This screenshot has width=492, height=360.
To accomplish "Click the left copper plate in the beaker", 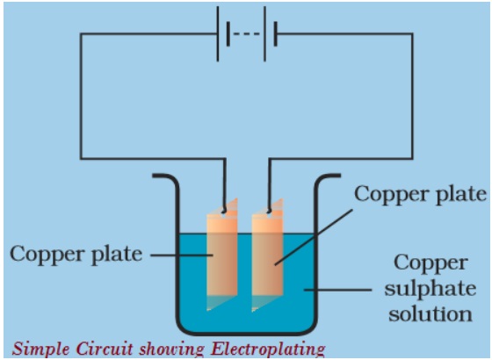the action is click(x=221, y=254).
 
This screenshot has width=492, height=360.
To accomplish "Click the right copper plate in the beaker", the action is click(x=267, y=255).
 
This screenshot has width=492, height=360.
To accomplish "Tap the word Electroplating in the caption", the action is click(x=268, y=349).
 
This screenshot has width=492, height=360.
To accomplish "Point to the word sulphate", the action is click(x=430, y=289).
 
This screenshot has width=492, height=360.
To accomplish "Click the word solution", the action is click(x=430, y=313).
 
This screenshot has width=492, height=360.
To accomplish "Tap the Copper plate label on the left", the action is click(x=76, y=254).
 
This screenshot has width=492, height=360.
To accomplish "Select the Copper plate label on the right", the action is click(x=421, y=194).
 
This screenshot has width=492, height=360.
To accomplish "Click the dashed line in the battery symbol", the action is click(x=247, y=34).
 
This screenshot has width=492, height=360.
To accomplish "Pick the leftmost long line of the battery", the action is click(x=218, y=34).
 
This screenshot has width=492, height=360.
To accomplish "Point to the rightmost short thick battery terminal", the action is click(x=275, y=34).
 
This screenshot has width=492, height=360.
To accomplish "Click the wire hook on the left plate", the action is click(x=224, y=210).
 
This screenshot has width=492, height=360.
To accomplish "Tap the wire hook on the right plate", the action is click(x=269, y=210).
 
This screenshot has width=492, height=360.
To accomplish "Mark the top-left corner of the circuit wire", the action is click(x=81, y=34).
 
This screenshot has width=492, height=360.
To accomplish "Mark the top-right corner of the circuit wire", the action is click(x=412, y=34).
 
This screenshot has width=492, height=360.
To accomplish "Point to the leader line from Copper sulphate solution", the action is click(x=337, y=290).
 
